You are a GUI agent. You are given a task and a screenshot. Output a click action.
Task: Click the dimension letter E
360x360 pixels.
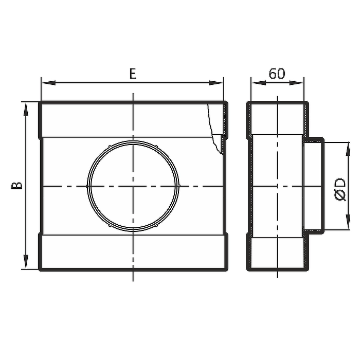[133, 74]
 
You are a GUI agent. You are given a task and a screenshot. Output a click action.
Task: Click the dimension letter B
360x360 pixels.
[17, 185]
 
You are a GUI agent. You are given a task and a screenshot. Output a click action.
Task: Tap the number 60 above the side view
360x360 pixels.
[277, 74]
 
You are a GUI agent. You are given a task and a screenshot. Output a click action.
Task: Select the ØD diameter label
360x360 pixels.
[340, 189]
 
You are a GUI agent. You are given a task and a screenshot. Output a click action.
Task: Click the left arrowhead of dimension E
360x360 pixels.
[48, 83]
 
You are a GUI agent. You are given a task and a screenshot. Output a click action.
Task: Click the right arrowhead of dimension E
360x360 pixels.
[217, 83]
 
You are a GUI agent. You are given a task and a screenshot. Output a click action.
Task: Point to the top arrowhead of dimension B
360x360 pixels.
[26, 109]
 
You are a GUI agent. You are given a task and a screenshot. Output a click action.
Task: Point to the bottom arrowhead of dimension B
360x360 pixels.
[26, 262]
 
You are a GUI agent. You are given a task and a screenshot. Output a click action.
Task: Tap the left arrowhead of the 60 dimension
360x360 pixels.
[258, 83]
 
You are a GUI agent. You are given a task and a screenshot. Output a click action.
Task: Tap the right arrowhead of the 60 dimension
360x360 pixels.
[296, 83]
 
